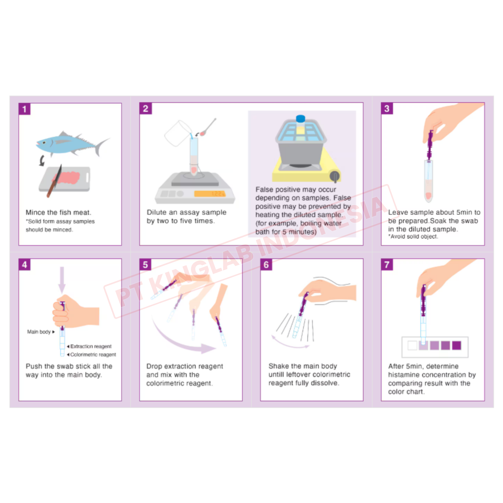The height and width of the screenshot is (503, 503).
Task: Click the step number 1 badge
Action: (x=25, y=109)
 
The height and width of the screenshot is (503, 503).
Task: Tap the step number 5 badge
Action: (x=145, y=264)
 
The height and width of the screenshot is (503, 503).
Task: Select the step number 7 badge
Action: (x=387, y=264)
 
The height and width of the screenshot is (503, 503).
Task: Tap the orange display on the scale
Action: (x=210, y=194)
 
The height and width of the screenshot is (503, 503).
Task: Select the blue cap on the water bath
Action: (x=300, y=119)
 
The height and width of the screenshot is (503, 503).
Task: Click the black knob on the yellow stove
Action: (x=335, y=176)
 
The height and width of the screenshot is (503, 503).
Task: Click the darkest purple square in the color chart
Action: (x=457, y=345)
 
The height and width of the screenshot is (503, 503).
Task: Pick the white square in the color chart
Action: (x=412, y=345)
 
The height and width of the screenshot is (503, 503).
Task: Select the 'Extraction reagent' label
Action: (x=91, y=346)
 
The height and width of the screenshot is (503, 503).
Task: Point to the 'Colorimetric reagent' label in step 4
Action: (x=93, y=355)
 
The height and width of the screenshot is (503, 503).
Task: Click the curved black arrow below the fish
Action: (x=42, y=160)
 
